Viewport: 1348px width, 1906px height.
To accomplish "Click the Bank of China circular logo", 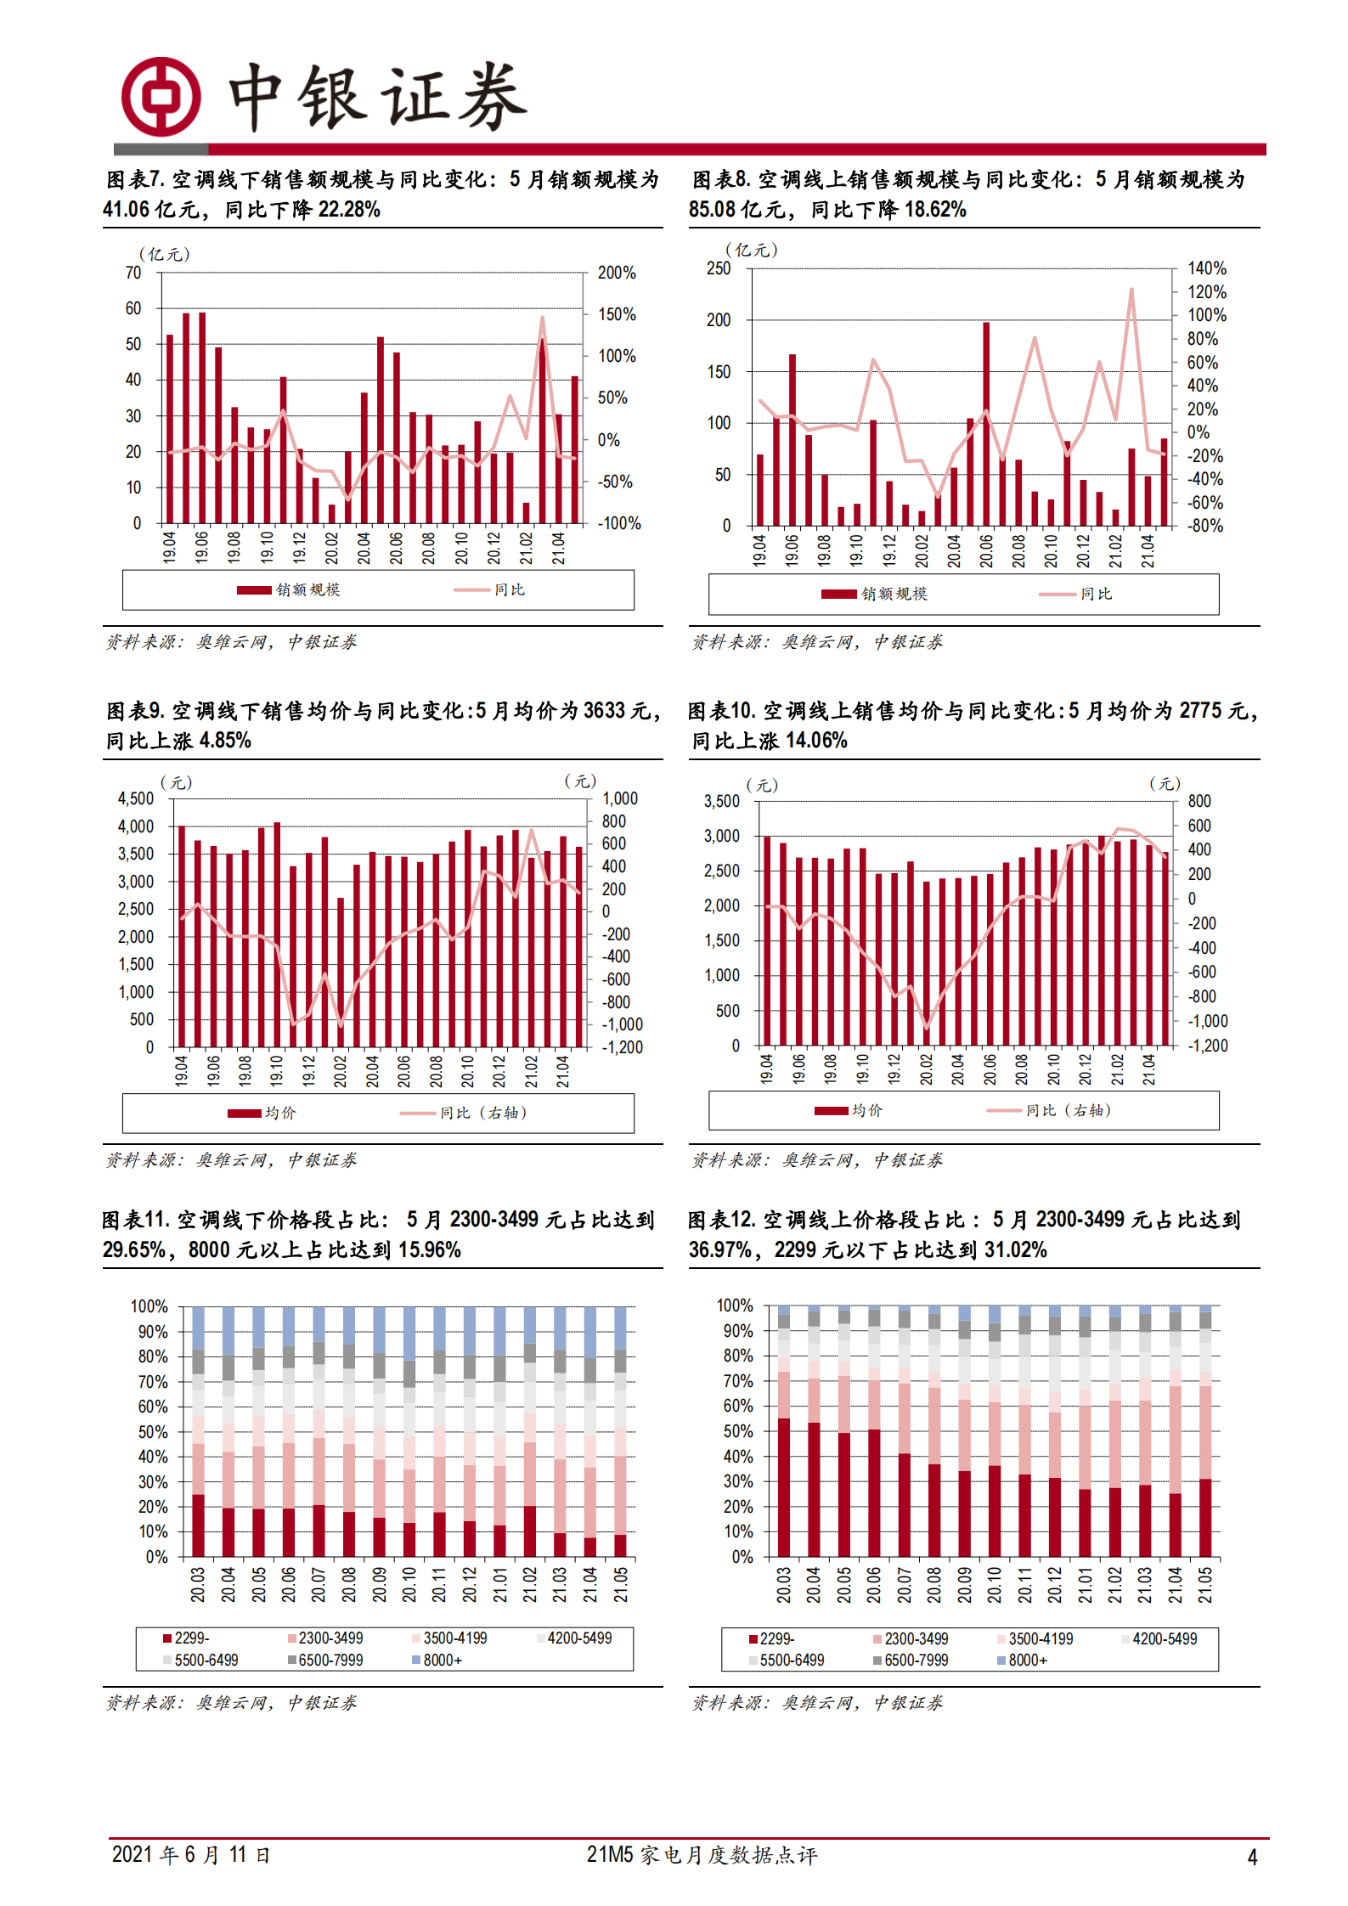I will click(161, 97).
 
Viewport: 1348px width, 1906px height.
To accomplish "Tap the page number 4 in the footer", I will click(1251, 1857).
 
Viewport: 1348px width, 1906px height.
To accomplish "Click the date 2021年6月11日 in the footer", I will click(190, 1854).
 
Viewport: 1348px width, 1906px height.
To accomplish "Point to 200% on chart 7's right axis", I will click(617, 273).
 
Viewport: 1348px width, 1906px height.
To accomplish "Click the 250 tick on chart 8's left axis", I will click(719, 268).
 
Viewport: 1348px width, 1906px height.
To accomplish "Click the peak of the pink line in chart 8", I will click(1131, 290).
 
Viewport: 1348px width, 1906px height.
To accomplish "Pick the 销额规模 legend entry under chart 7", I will click(289, 589).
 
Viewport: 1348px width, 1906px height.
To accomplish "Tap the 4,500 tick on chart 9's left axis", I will click(136, 798).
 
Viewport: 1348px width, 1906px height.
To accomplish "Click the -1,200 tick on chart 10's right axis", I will click(1208, 1046).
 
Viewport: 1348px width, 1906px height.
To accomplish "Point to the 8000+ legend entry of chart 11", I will click(437, 1660).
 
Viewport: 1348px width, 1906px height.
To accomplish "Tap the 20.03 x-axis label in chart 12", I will click(783, 1585).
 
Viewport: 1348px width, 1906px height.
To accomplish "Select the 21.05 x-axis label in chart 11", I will click(621, 1585).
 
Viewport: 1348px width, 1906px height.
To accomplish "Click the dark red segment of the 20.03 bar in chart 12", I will click(783, 1486).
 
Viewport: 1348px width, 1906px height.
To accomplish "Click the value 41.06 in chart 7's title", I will click(126, 209).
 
